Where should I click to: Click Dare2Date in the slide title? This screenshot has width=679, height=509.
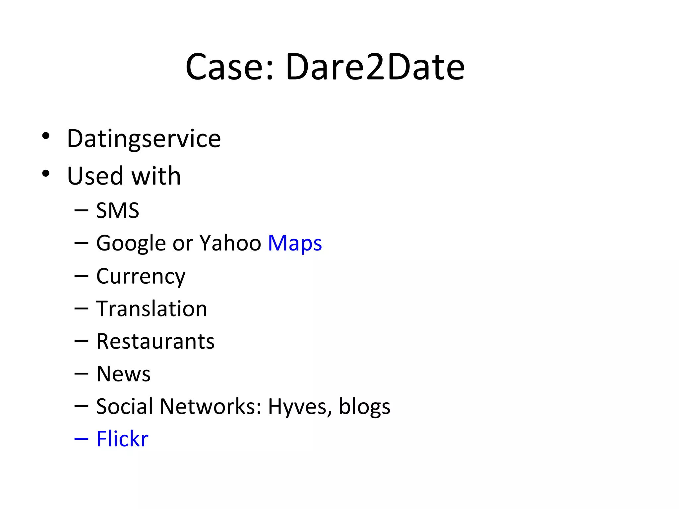tap(375, 67)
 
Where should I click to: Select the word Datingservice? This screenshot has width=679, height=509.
tap(144, 139)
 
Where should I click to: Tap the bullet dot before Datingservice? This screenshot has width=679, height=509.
tap(46, 136)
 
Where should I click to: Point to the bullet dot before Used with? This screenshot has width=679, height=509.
tap(46, 173)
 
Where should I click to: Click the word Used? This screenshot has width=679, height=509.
tap(95, 176)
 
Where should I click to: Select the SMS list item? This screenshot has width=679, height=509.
tap(117, 210)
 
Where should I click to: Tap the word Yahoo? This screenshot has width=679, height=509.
tap(230, 243)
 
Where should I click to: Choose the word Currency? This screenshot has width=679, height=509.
tap(141, 277)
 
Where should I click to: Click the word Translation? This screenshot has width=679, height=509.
tap(152, 309)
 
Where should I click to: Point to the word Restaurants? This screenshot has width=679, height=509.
tap(155, 341)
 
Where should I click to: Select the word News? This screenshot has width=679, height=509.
tap(123, 374)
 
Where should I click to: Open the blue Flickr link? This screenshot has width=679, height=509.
tap(122, 439)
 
